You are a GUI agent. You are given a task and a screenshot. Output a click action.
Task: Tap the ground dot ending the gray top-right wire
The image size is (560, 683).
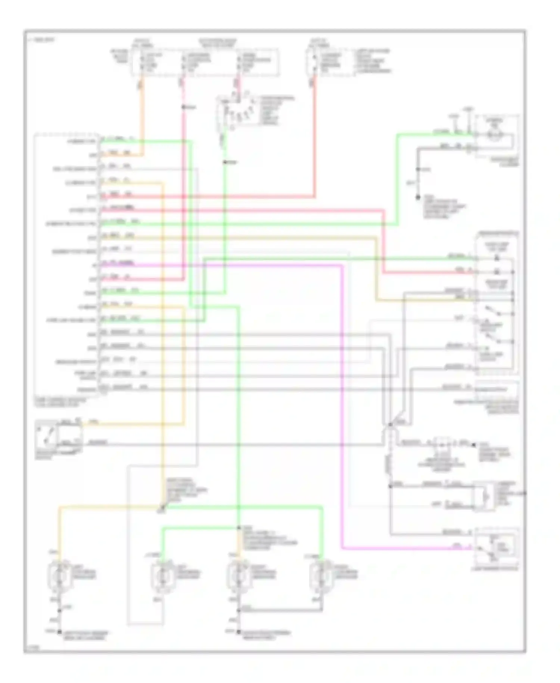pyautogui.click(x=418, y=197)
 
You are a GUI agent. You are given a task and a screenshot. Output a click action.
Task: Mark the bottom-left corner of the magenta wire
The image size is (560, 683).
pyautogui.click(x=342, y=548)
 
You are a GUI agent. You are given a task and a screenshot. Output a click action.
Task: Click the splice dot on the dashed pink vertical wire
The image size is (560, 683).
pyautogui.click(x=184, y=107)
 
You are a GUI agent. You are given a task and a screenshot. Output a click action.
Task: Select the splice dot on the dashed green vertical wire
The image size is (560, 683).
pyautogui.click(x=225, y=162)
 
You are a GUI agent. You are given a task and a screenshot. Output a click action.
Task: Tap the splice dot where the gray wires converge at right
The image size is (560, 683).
pyautogui.click(x=390, y=424)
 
